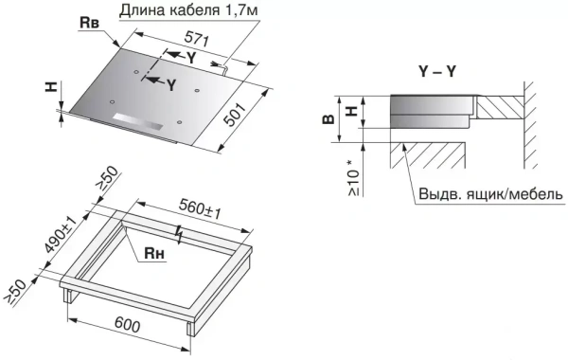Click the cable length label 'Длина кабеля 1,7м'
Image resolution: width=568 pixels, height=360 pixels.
(186, 10)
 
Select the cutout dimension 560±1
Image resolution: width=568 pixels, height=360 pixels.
(199, 209)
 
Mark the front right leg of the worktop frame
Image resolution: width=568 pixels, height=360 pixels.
(192, 327)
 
